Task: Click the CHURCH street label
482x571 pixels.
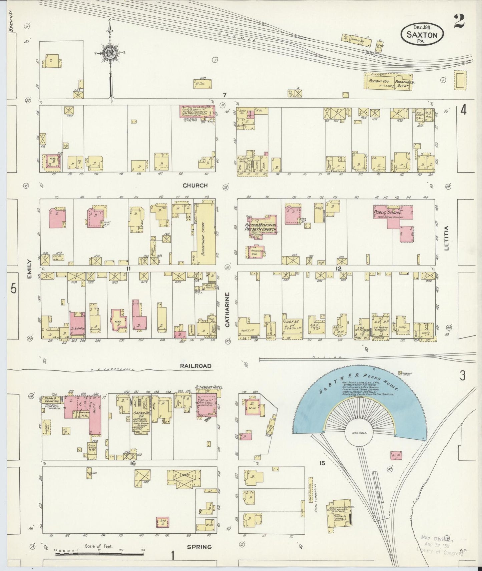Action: pyautogui.click(x=195, y=186)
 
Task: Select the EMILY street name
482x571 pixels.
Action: pyautogui.click(x=30, y=269)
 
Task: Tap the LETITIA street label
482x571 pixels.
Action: pyautogui.click(x=447, y=238)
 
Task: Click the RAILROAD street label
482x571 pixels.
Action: pyautogui.click(x=196, y=366)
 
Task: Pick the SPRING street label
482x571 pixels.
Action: pyautogui.click(x=199, y=547)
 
